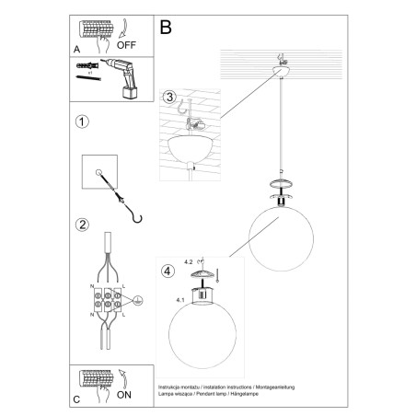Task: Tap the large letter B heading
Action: click(167, 28)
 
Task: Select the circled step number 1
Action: click(82, 121)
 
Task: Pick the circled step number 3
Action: click(168, 98)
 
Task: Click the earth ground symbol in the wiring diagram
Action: click(138, 300)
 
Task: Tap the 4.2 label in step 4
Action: click(191, 260)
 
